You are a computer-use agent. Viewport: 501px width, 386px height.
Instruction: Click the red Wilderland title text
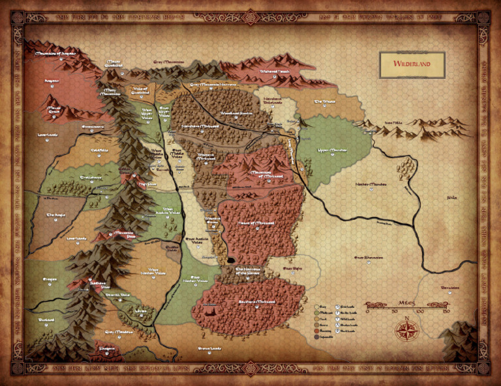click(412, 65)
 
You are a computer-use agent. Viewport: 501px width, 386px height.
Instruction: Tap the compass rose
click(406, 329)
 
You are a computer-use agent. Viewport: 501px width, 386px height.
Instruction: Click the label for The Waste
click(324, 102)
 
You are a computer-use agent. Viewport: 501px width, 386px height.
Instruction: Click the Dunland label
click(47, 320)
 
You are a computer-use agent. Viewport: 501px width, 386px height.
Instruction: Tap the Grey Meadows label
click(119, 332)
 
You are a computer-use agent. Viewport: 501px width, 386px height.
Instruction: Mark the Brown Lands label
click(210, 349)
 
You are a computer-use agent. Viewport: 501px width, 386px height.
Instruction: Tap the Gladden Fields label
click(173, 248)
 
